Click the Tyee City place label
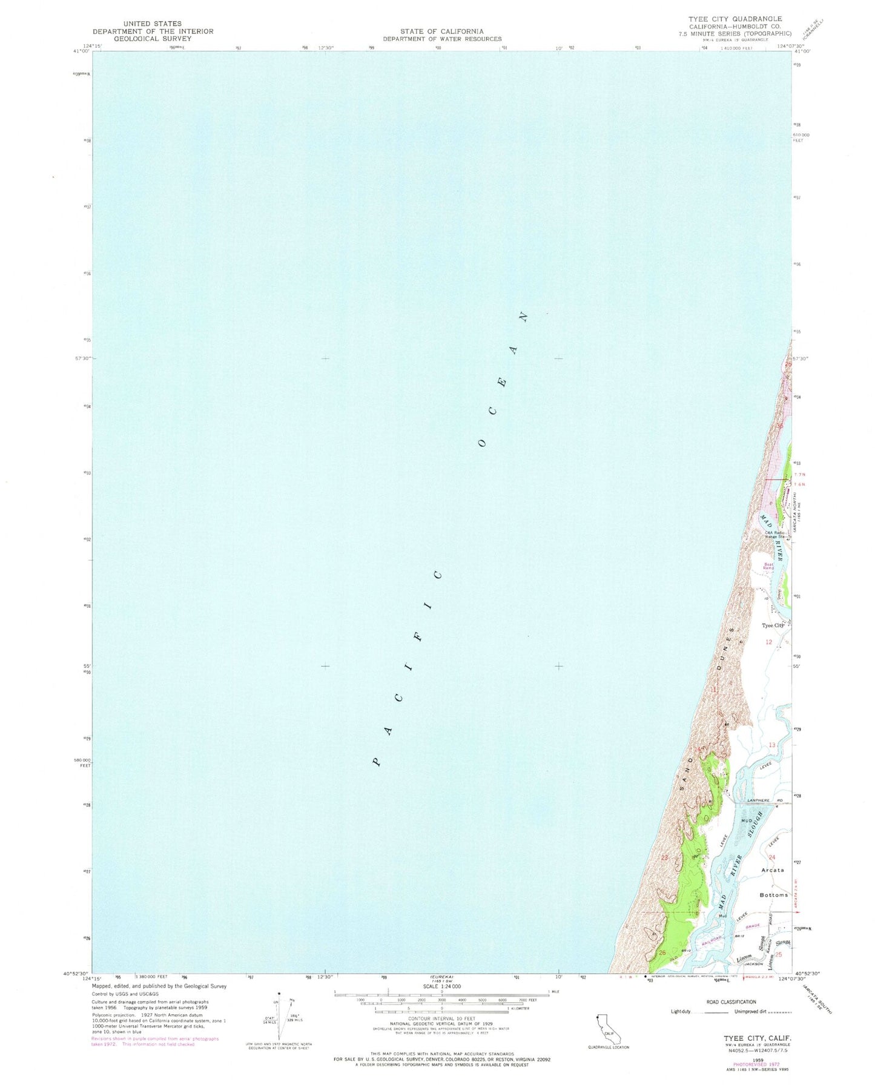773,625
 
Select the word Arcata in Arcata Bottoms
772,870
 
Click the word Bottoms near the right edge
773,895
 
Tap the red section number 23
664,858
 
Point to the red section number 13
772,745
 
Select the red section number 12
768,642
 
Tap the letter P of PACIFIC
377,762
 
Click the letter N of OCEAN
523,316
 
